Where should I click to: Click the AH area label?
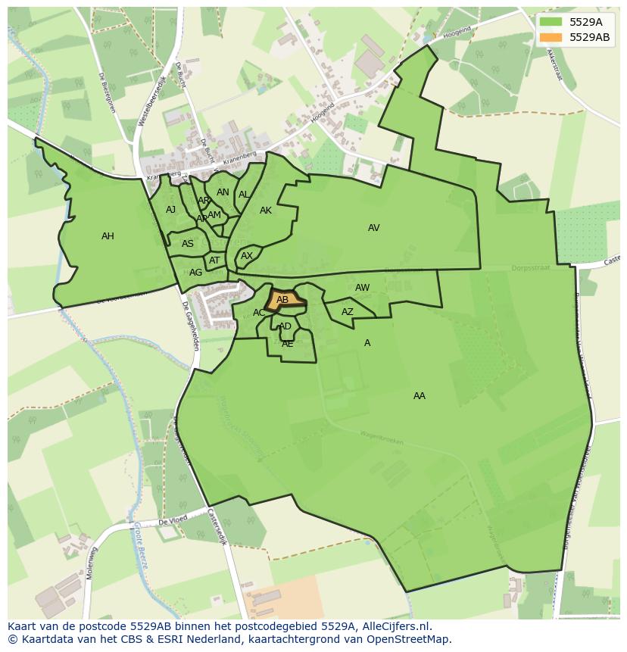(x=108, y=236)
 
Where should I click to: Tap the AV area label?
(x=373, y=228)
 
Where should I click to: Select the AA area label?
(x=419, y=396)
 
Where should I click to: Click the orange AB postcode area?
(x=284, y=300)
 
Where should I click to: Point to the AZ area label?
(x=347, y=312)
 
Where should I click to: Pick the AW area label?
(x=362, y=288)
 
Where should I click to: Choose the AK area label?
(x=265, y=211)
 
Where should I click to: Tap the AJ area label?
(x=170, y=210)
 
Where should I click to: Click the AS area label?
(x=187, y=244)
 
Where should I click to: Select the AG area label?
(x=195, y=273)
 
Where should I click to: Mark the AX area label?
(x=246, y=256)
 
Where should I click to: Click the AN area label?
(x=223, y=192)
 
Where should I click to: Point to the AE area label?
(x=287, y=344)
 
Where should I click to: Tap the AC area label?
(x=259, y=313)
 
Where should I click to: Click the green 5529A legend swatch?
(x=551, y=22)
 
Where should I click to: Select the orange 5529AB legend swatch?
(x=551, y=37)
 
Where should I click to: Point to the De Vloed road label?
(x=173, y=522)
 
